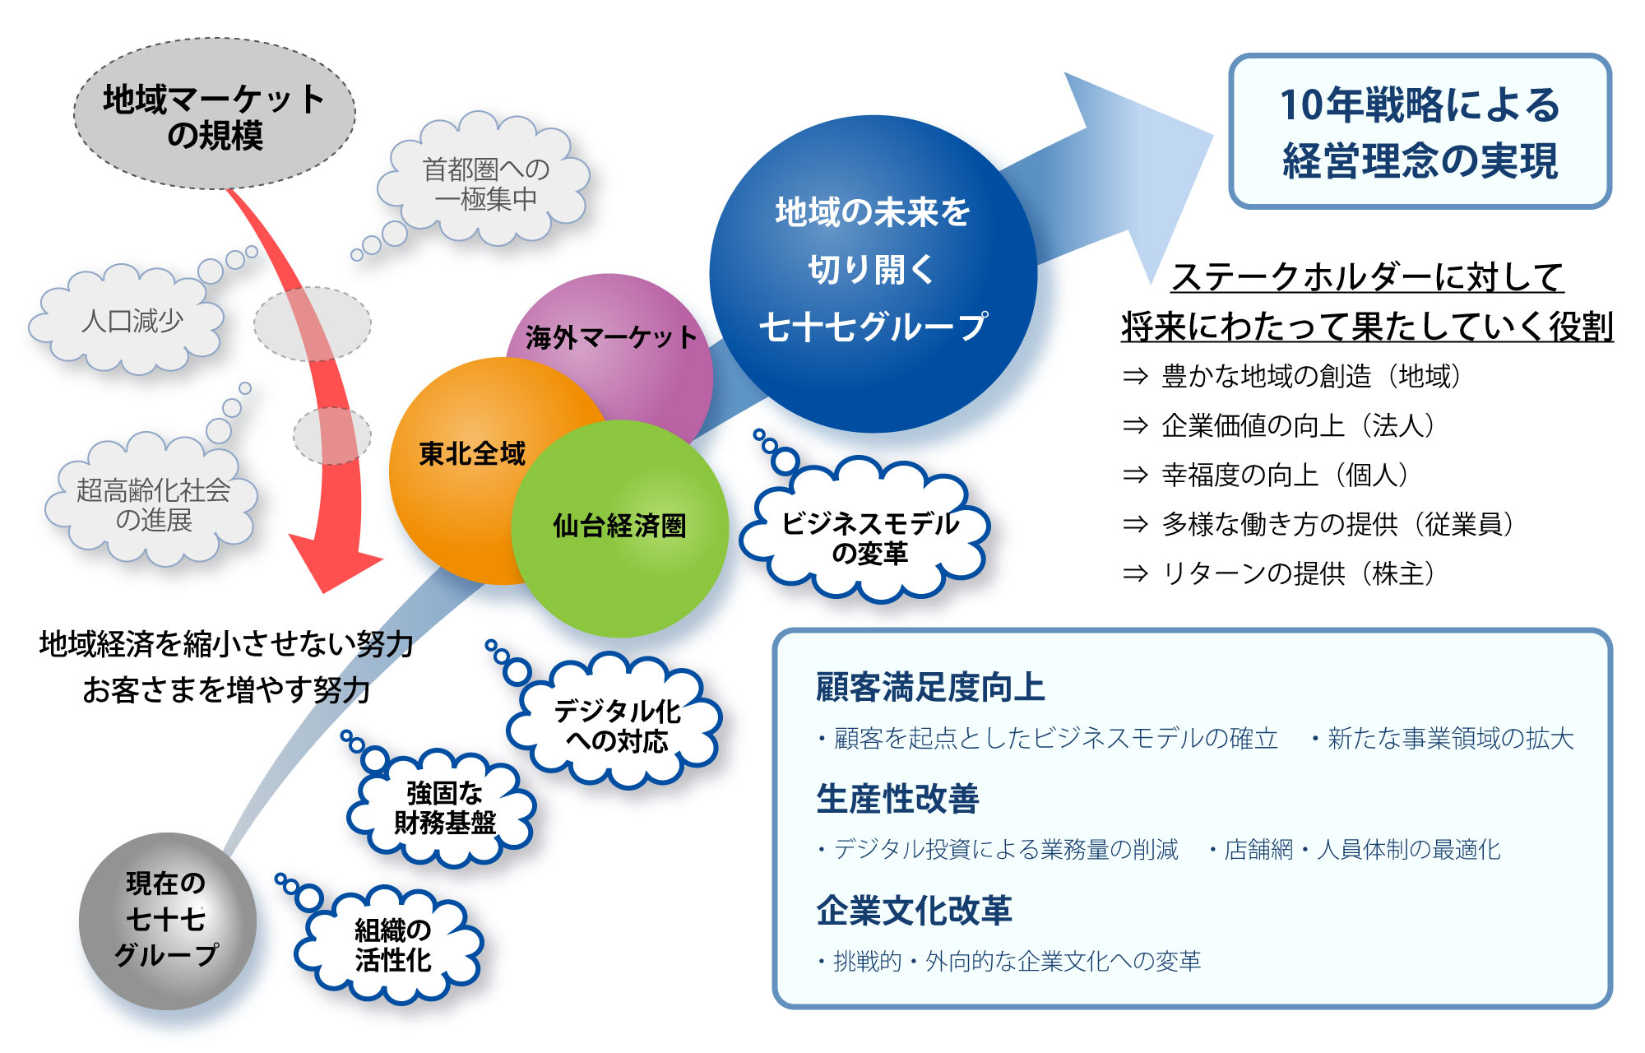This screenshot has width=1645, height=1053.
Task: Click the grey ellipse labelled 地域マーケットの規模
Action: [214, 114]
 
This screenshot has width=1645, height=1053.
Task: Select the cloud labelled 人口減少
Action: [132, 320]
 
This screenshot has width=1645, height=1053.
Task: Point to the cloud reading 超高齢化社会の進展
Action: [153, 504]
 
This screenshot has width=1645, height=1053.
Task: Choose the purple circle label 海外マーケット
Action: [610, 337]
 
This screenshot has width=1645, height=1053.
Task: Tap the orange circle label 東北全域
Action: [471, 453]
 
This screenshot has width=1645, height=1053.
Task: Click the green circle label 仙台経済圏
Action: [619, 526]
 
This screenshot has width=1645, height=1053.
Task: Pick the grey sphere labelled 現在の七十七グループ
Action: [167, 920]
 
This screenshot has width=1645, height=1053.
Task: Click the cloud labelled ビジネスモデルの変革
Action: [869, 537]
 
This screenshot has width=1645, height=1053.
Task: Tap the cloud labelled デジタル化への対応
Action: [617, 726]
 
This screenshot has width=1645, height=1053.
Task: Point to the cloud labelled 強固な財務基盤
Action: [444, 808]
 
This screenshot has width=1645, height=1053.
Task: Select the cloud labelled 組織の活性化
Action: [392, 945]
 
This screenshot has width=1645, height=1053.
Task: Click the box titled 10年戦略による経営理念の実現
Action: [1419, 132]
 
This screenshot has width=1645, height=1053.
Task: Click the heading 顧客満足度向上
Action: [930, 688]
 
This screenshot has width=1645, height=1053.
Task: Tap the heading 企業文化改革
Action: [914, 911]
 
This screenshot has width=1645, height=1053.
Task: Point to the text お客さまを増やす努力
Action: [226, 689]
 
